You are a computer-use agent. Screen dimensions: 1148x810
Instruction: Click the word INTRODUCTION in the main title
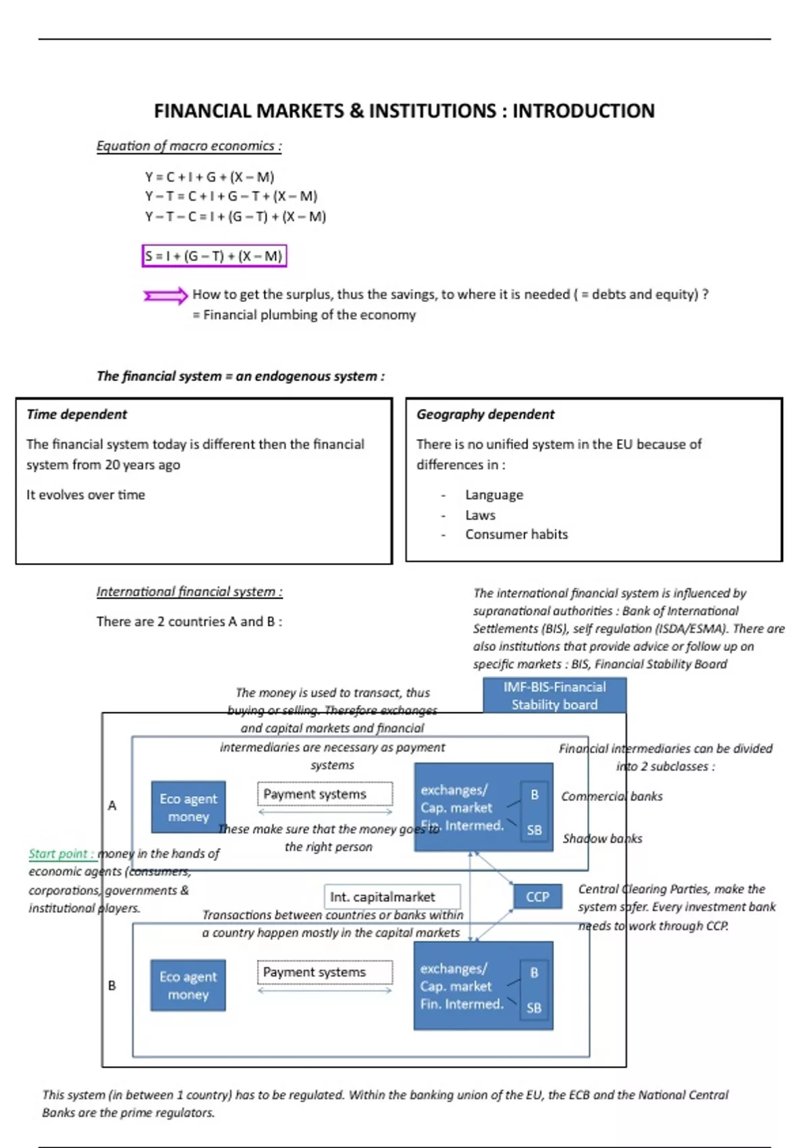pos(583,111)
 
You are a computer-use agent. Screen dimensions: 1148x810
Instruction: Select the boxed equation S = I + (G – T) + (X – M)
pos(214,256)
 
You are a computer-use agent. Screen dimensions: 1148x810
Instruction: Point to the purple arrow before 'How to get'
pos(165,296)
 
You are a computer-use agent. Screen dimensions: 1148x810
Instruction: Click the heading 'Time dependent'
pos(77,414)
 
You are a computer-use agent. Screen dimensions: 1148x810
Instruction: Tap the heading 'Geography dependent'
pos(485,414)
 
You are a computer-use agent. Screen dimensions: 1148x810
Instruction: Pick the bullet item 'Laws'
pos(480,515)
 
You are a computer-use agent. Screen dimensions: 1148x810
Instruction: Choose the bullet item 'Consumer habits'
pos(516,534)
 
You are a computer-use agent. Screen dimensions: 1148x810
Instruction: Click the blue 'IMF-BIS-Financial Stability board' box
pos(554,696)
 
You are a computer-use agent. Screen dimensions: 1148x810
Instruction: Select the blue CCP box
pos(537,897)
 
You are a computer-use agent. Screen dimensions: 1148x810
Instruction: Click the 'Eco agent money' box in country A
pos(188,807)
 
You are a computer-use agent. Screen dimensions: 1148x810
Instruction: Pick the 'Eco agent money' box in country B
pos(188,985)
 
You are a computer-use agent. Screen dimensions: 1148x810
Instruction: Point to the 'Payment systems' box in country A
pos(324,794)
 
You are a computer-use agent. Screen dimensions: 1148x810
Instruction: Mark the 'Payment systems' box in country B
pos(324,972)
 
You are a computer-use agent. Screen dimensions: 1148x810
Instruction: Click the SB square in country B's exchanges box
pos(534,1008)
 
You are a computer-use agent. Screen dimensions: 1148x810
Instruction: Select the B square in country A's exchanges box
pos(535,795)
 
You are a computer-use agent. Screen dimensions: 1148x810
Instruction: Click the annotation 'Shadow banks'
pos(602,839)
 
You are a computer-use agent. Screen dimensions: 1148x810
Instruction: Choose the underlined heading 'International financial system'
pos(189,592)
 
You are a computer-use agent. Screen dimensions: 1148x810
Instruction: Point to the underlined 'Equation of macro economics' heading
pos(188,146)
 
